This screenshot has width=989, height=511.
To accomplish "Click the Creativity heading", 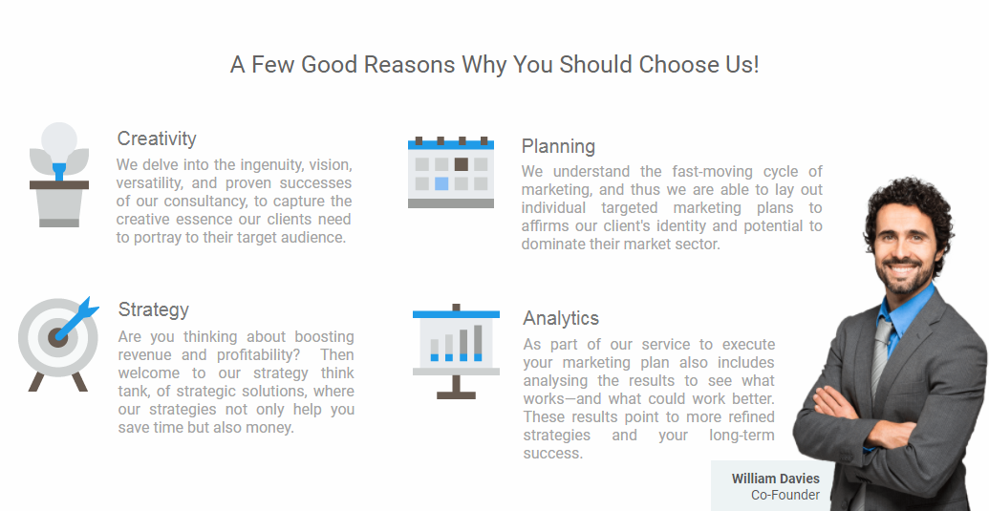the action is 157,139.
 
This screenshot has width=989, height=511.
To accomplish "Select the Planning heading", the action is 558,147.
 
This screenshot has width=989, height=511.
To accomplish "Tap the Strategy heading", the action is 153,310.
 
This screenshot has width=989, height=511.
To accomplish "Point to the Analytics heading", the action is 561,318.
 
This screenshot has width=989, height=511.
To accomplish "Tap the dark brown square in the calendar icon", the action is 462,164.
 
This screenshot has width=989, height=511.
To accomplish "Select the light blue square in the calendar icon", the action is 441,183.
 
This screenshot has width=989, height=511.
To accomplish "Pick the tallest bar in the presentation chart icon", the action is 478,343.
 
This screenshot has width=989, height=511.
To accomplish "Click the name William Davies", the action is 775,479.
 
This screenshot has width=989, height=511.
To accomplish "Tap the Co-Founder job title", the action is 785,496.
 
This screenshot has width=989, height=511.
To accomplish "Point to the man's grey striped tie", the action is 881,356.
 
